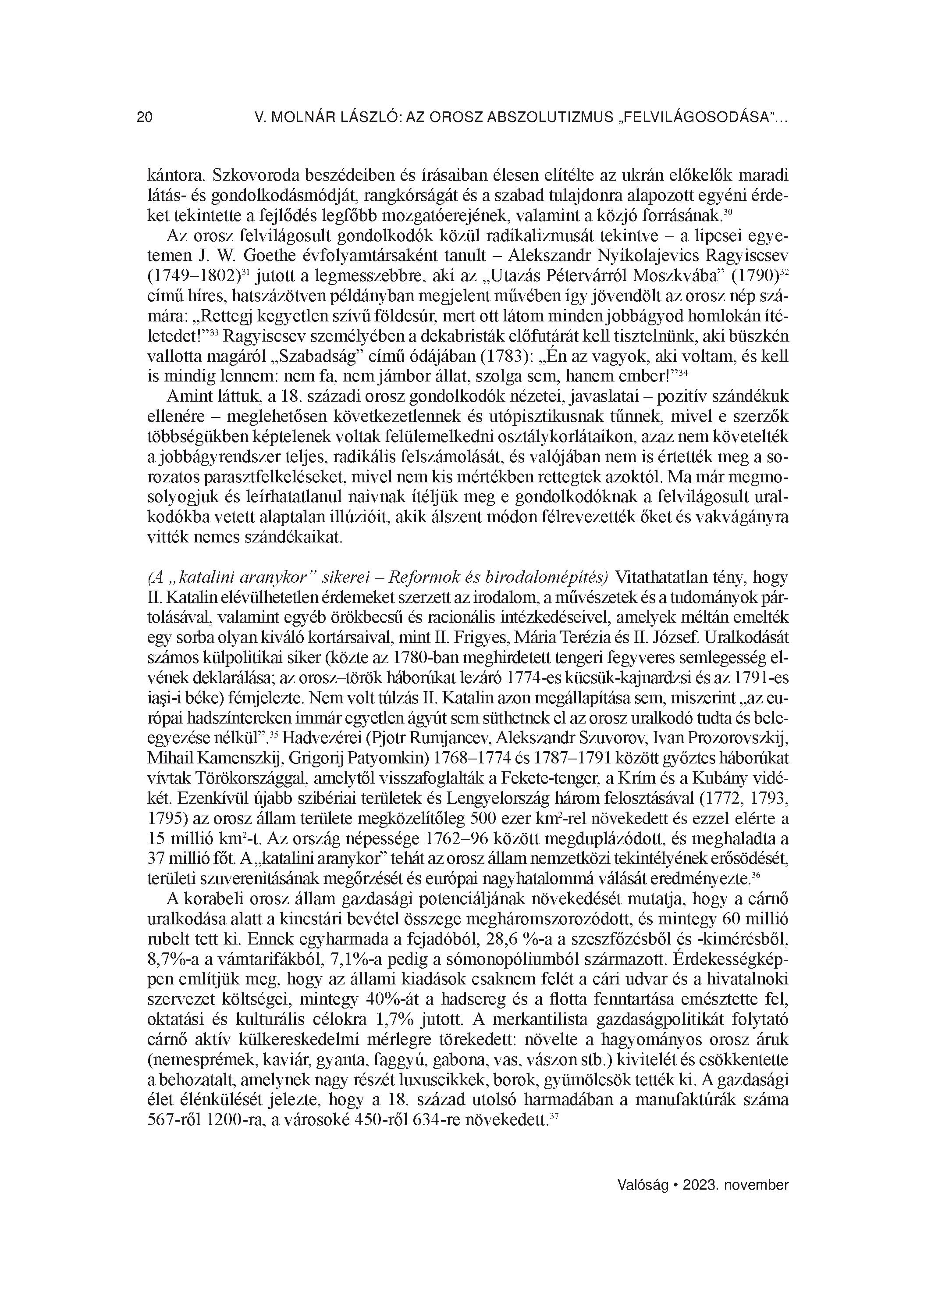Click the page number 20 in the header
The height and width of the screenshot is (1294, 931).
click(144, 118)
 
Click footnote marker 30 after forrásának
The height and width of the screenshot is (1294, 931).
click(728, 212)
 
